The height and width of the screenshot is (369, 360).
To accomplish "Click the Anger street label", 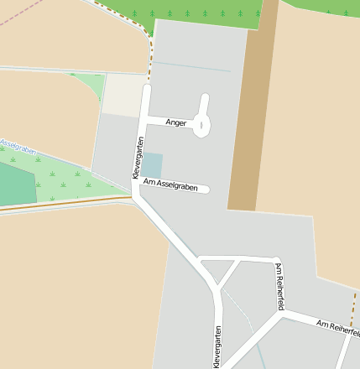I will (x=176, y=122).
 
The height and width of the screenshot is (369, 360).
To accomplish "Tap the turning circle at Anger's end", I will (x=201, y=126).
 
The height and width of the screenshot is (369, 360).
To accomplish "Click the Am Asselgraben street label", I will (x=170, y=184).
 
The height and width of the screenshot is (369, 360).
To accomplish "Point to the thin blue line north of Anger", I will (x=190, y=66).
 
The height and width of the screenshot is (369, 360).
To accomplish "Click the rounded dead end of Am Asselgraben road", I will (x=205, y=189).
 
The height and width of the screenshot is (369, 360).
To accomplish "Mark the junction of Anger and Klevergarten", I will (x=145, y=119).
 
